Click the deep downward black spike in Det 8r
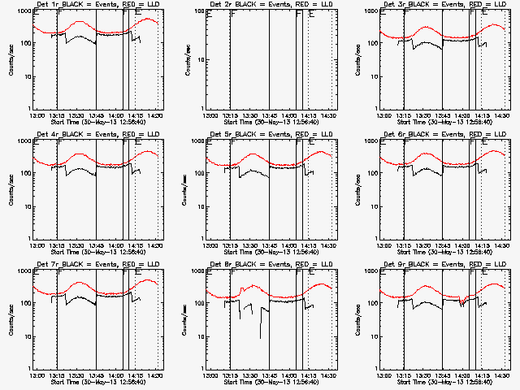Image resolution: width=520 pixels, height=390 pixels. point(260,337)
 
